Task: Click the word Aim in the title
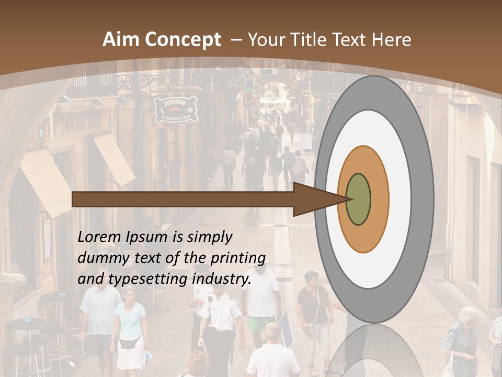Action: coord(121,40)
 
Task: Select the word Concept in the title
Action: coord(182,40)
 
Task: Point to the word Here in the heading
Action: coord(391,40)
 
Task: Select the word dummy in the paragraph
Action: coord(98,258)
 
